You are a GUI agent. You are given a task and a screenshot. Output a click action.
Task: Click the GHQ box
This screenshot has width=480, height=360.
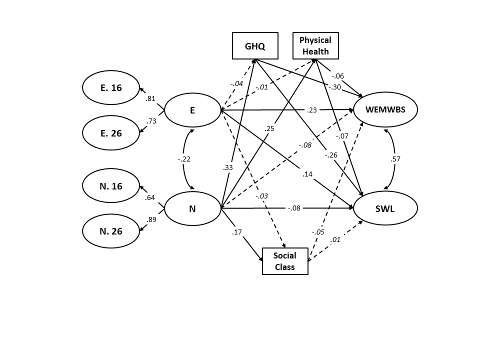click(x=255, y=46)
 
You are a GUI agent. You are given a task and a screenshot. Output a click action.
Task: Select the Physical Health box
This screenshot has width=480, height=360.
click(x=315, y=46)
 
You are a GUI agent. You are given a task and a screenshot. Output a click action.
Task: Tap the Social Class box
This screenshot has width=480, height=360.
click(x=285, y=261)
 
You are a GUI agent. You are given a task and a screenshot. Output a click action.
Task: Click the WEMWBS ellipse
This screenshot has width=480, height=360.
click(x=385, y=109)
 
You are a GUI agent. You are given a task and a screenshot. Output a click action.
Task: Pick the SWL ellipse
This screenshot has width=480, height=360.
click(x=385, y=208)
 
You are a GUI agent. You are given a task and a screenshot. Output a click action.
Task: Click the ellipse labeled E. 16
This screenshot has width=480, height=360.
click(x=111, y=88)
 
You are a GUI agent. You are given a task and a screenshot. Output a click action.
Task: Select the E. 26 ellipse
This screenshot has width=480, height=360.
click(x=111, y=133)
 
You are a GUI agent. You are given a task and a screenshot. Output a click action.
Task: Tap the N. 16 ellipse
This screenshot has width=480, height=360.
click(x=111, y=186)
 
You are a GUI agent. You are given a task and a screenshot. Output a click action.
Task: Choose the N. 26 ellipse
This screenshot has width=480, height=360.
click(x=111, y=231)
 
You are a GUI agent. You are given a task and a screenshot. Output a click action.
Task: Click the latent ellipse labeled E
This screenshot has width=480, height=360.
click(x=192, y=110)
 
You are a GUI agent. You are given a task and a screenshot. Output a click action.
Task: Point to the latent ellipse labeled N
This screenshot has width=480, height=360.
click(x=192, y=208)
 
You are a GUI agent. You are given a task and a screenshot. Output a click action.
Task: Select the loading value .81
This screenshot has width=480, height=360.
click(x=150, y=98)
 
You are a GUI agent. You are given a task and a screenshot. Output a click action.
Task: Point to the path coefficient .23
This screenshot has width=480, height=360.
click(x=312, y=110)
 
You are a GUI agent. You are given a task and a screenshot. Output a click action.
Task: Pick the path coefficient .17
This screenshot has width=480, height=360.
click(x=236, y=232)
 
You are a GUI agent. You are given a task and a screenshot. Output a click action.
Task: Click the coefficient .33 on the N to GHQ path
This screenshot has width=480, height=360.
click(x=227, y=168)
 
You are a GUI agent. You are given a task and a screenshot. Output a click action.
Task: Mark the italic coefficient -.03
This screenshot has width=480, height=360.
click(x=261, y=195)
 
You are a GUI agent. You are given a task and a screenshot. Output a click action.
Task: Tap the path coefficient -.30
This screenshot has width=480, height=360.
click(x=335, y=86)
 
